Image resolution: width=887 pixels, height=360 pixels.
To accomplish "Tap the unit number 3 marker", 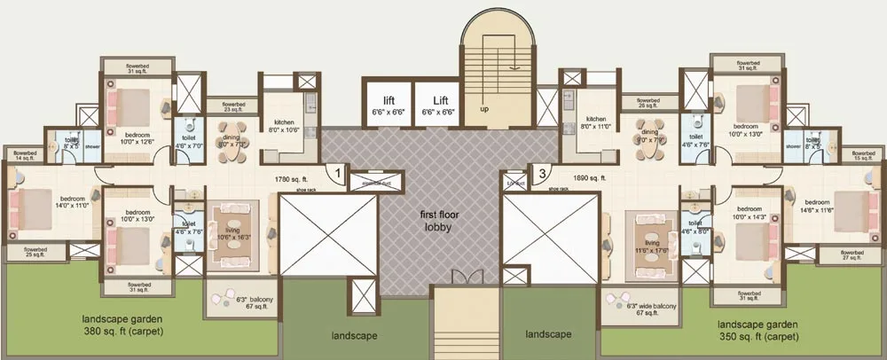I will [541, 174].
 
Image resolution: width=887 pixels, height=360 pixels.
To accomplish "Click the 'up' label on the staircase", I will [484, 109].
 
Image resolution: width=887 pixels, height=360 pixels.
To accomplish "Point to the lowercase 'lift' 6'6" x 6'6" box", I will [389, 105].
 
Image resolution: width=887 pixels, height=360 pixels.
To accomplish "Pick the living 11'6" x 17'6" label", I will [653, 246].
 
